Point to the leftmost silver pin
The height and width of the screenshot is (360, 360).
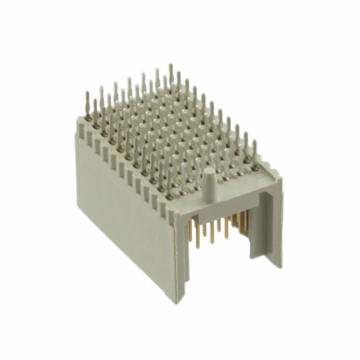click(87, 101)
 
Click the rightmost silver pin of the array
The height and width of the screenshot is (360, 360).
click(254, 151)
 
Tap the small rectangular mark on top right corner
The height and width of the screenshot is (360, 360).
click(260, 176)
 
